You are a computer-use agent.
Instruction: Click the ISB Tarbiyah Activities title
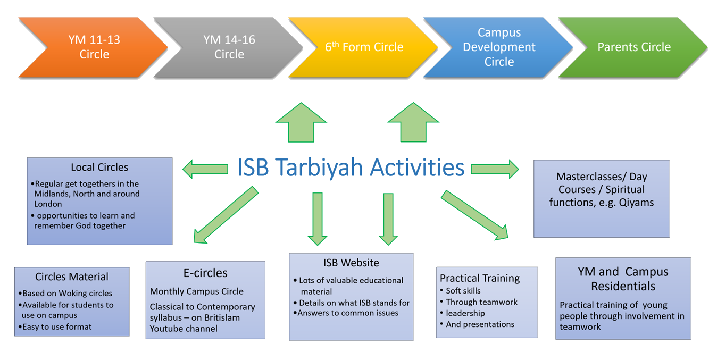coord(351,168)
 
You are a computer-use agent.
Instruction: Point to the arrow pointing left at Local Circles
coord(205,170)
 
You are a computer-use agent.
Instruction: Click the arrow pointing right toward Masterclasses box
coord(494,170)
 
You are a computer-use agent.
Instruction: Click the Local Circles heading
coord(99,168)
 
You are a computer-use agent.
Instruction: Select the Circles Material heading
coord(72,277)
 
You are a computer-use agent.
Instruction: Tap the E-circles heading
coord(205,273)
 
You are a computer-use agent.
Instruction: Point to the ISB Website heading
coord(351,263)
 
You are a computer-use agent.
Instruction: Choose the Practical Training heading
coord(480,278)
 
